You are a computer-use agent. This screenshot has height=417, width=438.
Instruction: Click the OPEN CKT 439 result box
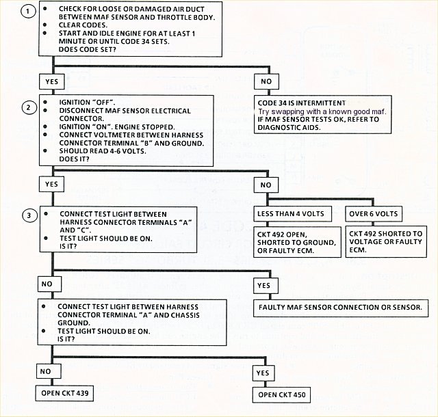click(x=65, y=394)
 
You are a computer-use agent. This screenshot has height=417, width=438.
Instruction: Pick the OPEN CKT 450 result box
click(x=282, y=394)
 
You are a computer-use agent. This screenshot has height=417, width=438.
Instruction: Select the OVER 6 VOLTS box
click(x=374, y=213)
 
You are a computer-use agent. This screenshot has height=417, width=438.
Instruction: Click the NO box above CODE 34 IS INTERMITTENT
click(x=266, y=81)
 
